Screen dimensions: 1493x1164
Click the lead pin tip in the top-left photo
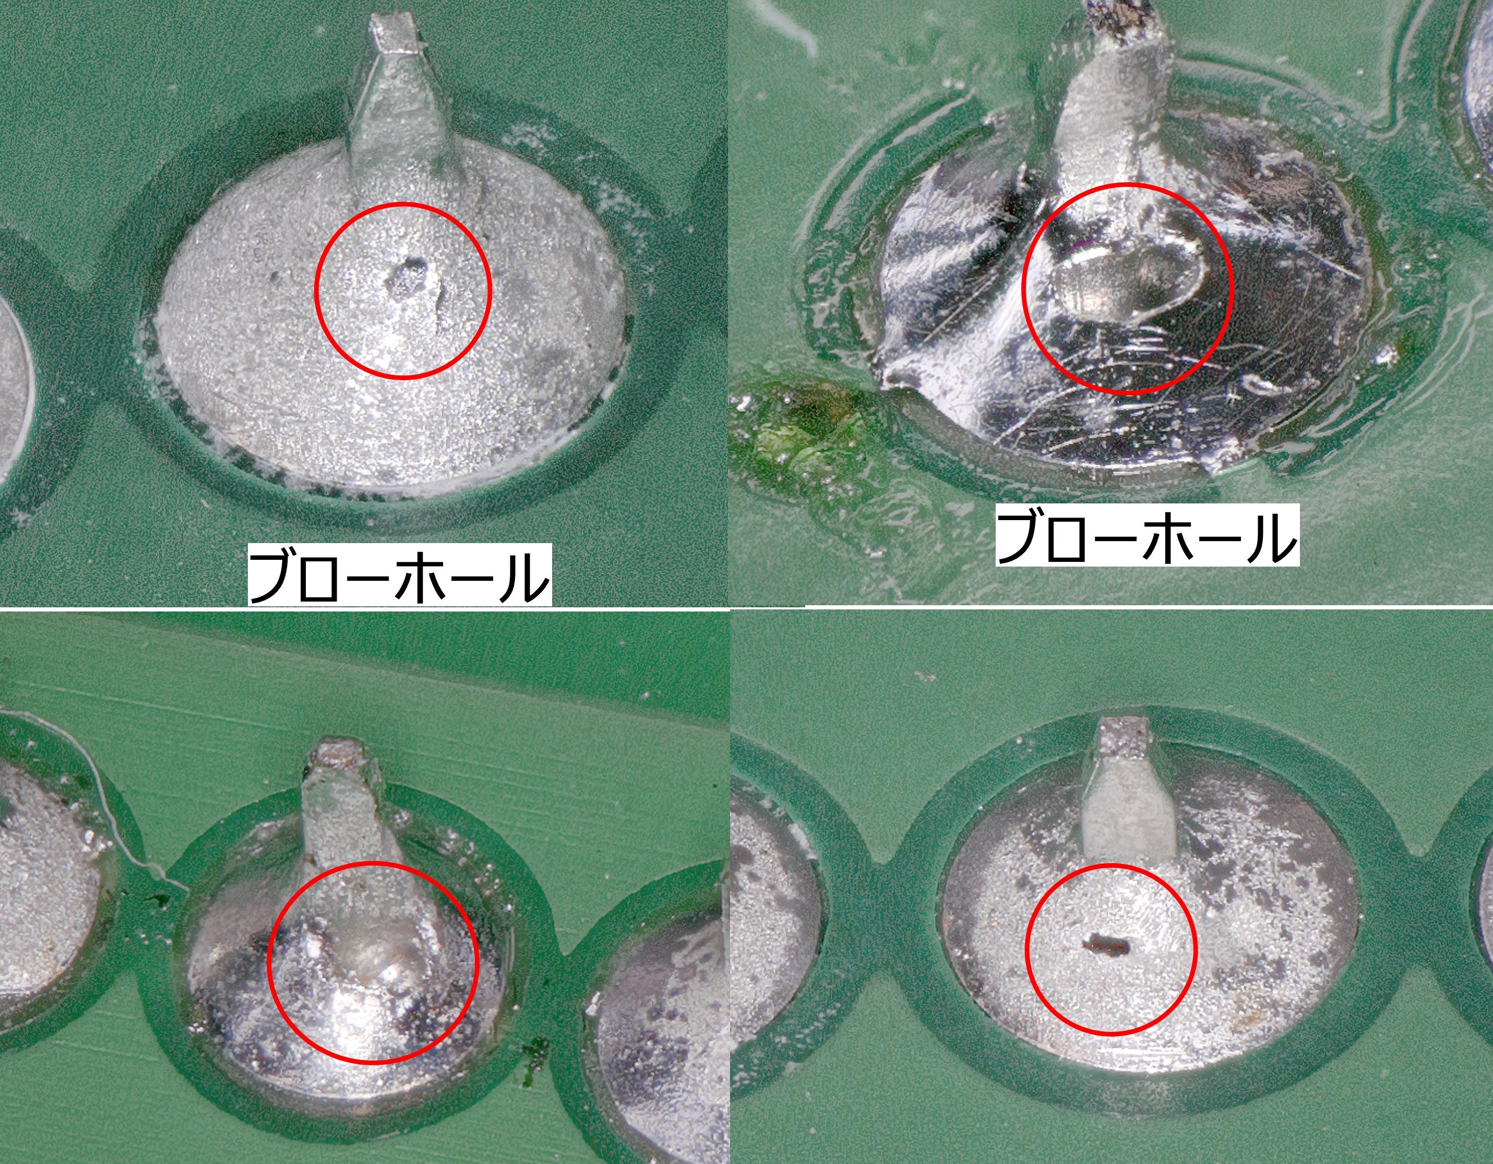[x=392, y=33]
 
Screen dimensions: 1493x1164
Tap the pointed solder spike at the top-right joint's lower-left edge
[x=889, y=373]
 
